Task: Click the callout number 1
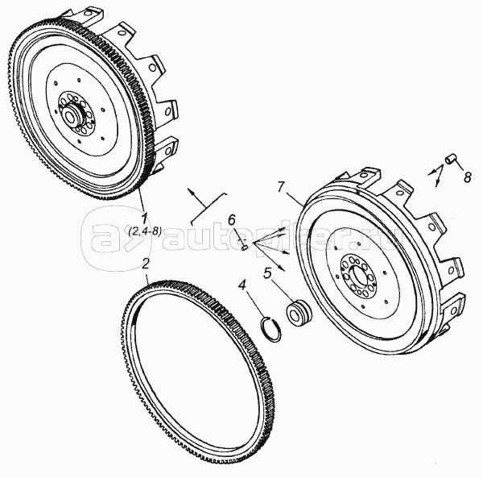point(143,217)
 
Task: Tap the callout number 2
point(146,263)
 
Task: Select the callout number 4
point(242,283)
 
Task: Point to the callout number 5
point(268,271)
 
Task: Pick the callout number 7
point(280,187)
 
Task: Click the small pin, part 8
point(452,159)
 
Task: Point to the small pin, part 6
point(244,247)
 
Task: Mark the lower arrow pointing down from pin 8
point(437,181)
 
